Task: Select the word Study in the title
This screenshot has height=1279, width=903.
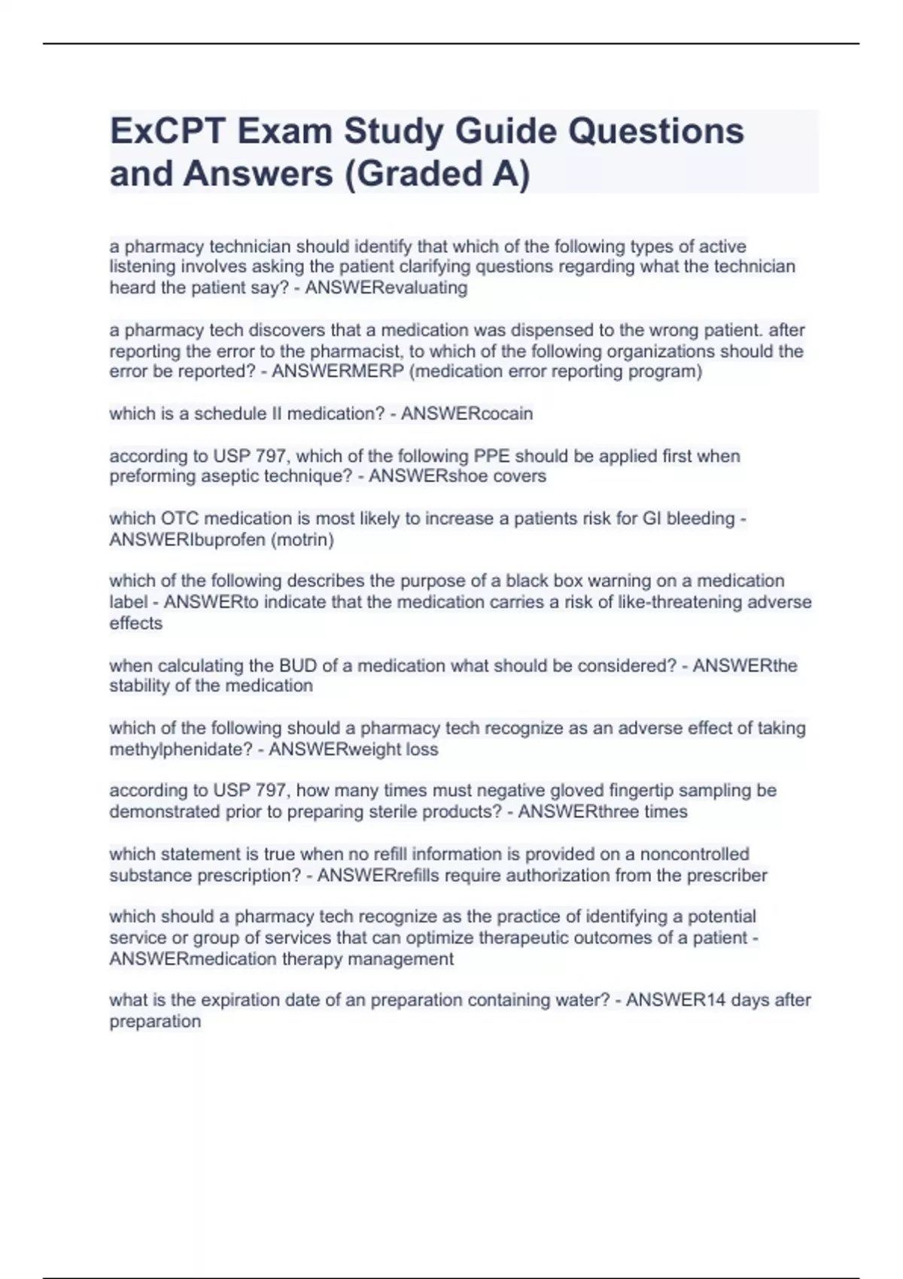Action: pyautogui.click(x=394, y=132)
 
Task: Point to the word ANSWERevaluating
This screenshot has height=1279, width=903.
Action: pyautogui.click(x=386, y=288)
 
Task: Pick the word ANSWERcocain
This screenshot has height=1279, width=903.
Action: pyautogui.click(x=467, y=414)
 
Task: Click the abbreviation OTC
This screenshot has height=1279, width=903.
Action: pyautogui.click(x=179, y=518)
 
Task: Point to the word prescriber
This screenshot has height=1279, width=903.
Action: pyautogui.click(x=727, y=875)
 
